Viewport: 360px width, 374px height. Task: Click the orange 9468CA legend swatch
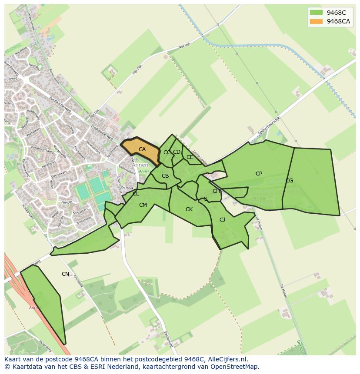click(x=316, y=21)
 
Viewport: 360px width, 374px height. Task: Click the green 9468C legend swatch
click(x=316, y=13)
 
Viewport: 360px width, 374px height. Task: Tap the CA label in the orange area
click(x=142, y=149)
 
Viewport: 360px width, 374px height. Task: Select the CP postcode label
click(x=259, y=174)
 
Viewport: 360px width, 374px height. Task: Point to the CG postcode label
click(x=289, y=181)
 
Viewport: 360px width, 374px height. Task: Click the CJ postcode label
click(x=222, y=220)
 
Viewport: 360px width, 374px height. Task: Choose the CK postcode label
click(x=189, y=209)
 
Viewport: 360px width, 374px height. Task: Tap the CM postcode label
click(x=143, y=205)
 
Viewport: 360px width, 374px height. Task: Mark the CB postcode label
click(x=165, y=176)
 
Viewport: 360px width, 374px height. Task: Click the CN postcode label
click(x=65, y=274)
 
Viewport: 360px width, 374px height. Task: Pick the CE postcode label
click(x=190, y=157)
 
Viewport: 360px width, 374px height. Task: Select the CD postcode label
click(x=177, y=152)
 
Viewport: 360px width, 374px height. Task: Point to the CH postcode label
click(x=216, y=191)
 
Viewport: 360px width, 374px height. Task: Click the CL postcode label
click(x=136, y=194)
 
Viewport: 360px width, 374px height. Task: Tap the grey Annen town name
click(x=140, y=165)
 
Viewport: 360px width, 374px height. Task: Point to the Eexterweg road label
click(x=169, y=339)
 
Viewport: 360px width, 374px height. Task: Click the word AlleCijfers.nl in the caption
click(x=226, y=359)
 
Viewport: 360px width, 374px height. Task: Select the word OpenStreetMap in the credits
click(x=234, y=367)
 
